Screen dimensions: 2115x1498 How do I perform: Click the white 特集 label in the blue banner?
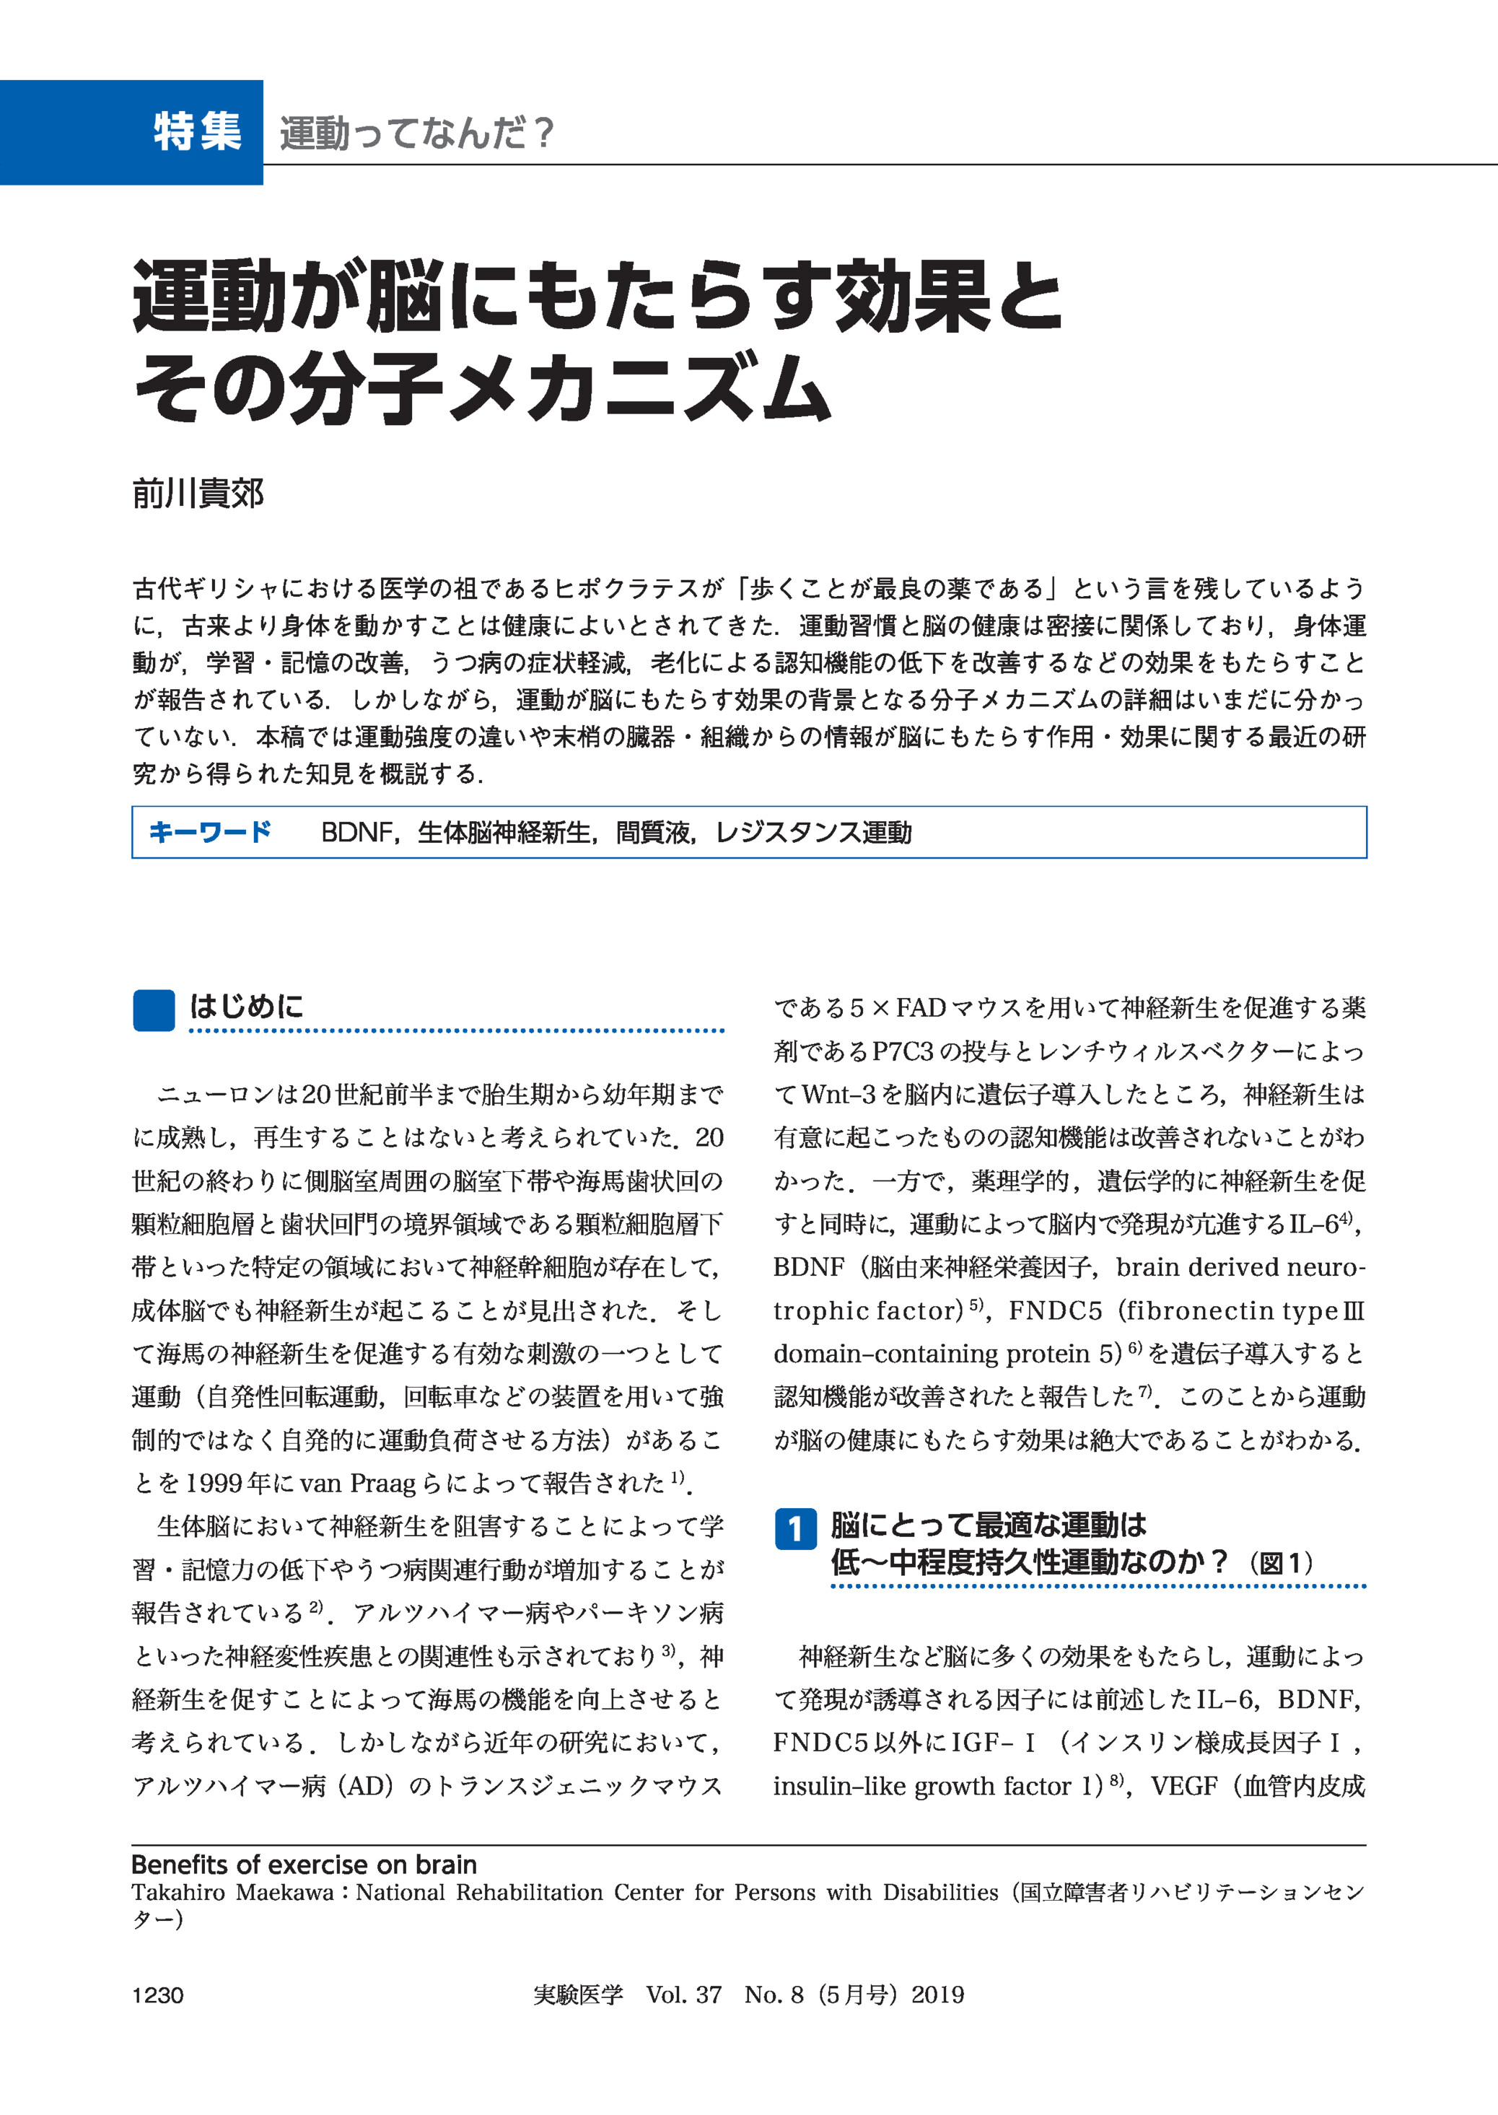coord(198,132)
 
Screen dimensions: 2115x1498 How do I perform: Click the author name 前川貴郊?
coord(198,494)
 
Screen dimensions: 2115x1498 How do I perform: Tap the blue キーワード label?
coord(210,832)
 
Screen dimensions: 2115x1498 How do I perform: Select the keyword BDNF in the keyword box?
coord(356,833)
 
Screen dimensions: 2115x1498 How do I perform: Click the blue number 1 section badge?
coord(795,1529)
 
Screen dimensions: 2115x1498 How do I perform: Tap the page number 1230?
coord(158,1996)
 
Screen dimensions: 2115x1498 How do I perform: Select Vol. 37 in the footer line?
coord(683,1995)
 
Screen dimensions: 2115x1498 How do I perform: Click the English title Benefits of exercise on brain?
coord(304,1865)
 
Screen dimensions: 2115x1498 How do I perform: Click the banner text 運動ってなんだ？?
coord(416,133)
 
